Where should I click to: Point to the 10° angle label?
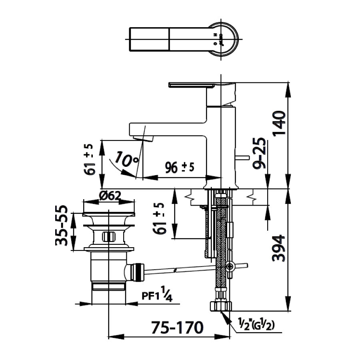pos(125,160)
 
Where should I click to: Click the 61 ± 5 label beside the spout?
pos(90,159)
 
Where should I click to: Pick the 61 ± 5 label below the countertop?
pos(161,218)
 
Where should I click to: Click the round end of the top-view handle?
pos(224,39)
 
